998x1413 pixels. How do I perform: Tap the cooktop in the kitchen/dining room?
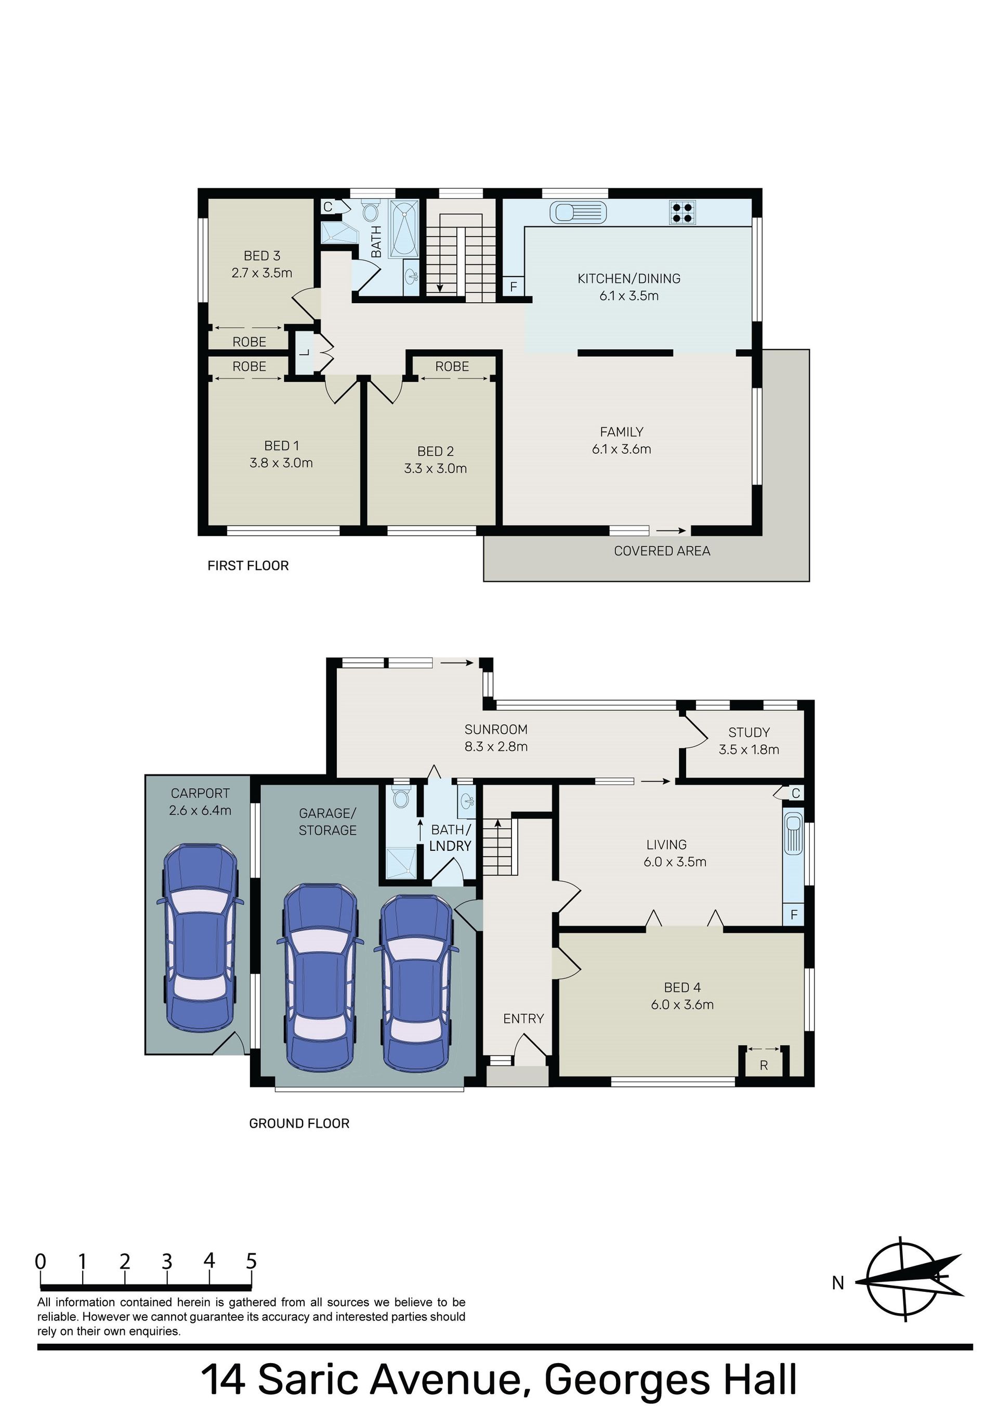(x=682, y=212)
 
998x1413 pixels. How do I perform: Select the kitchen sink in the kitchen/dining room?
(x=578, y=213)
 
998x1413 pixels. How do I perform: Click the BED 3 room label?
(x=262, y=255)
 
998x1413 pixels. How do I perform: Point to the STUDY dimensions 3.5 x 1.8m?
(x=749, y=749)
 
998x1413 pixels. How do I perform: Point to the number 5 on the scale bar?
(x=251, y=1261)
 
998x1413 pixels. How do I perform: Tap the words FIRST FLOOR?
(x=248, y=566)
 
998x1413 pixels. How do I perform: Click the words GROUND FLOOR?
(x=299, y=1123)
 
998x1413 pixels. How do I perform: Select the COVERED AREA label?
(x=662, y=551)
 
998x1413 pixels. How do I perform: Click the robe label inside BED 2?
(x=452, y=367)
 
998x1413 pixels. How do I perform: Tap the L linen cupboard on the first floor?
(x=304, y=353)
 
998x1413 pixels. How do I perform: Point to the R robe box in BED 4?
(x=764, y=1065)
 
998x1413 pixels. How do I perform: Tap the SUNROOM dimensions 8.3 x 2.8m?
(x=496, y=746)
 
